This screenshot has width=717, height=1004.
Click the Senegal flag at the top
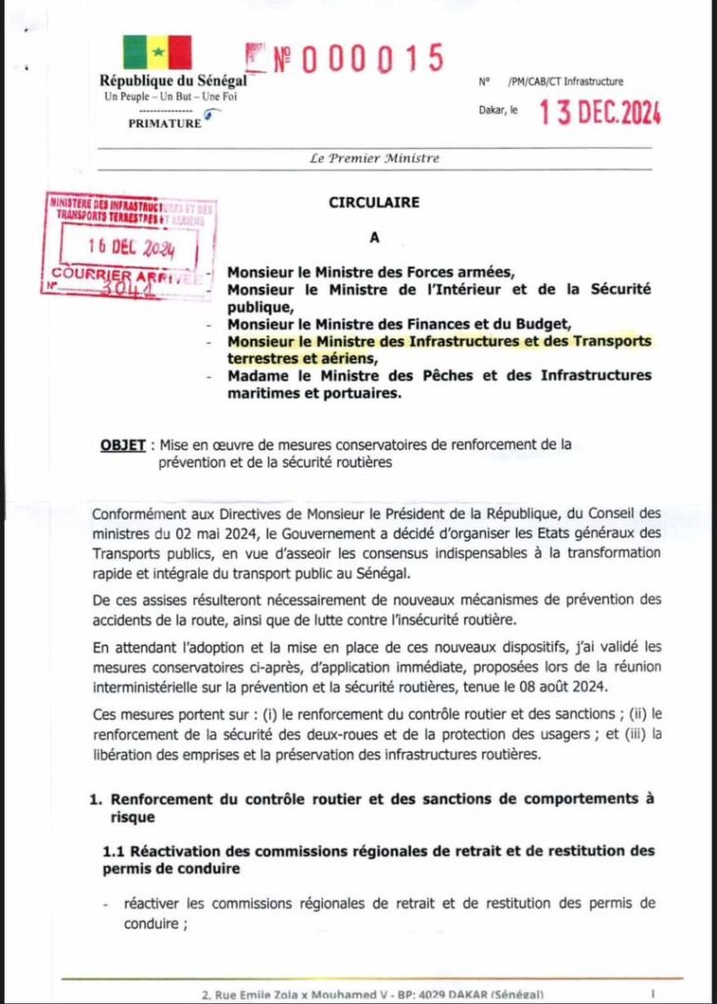(x=157, y=52)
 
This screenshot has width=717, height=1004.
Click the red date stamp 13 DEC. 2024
(x=599, y=113)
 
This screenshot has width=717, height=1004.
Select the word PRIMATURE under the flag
(x=165, y=125)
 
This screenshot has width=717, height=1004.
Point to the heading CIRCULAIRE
(x=373, y=203)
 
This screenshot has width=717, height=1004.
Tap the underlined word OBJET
(x=121, y=444)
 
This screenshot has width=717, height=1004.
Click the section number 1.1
(x=116, y=850)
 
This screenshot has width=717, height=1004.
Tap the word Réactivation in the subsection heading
(x=185, y=850)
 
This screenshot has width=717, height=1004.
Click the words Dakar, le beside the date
(x=500, y=114)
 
